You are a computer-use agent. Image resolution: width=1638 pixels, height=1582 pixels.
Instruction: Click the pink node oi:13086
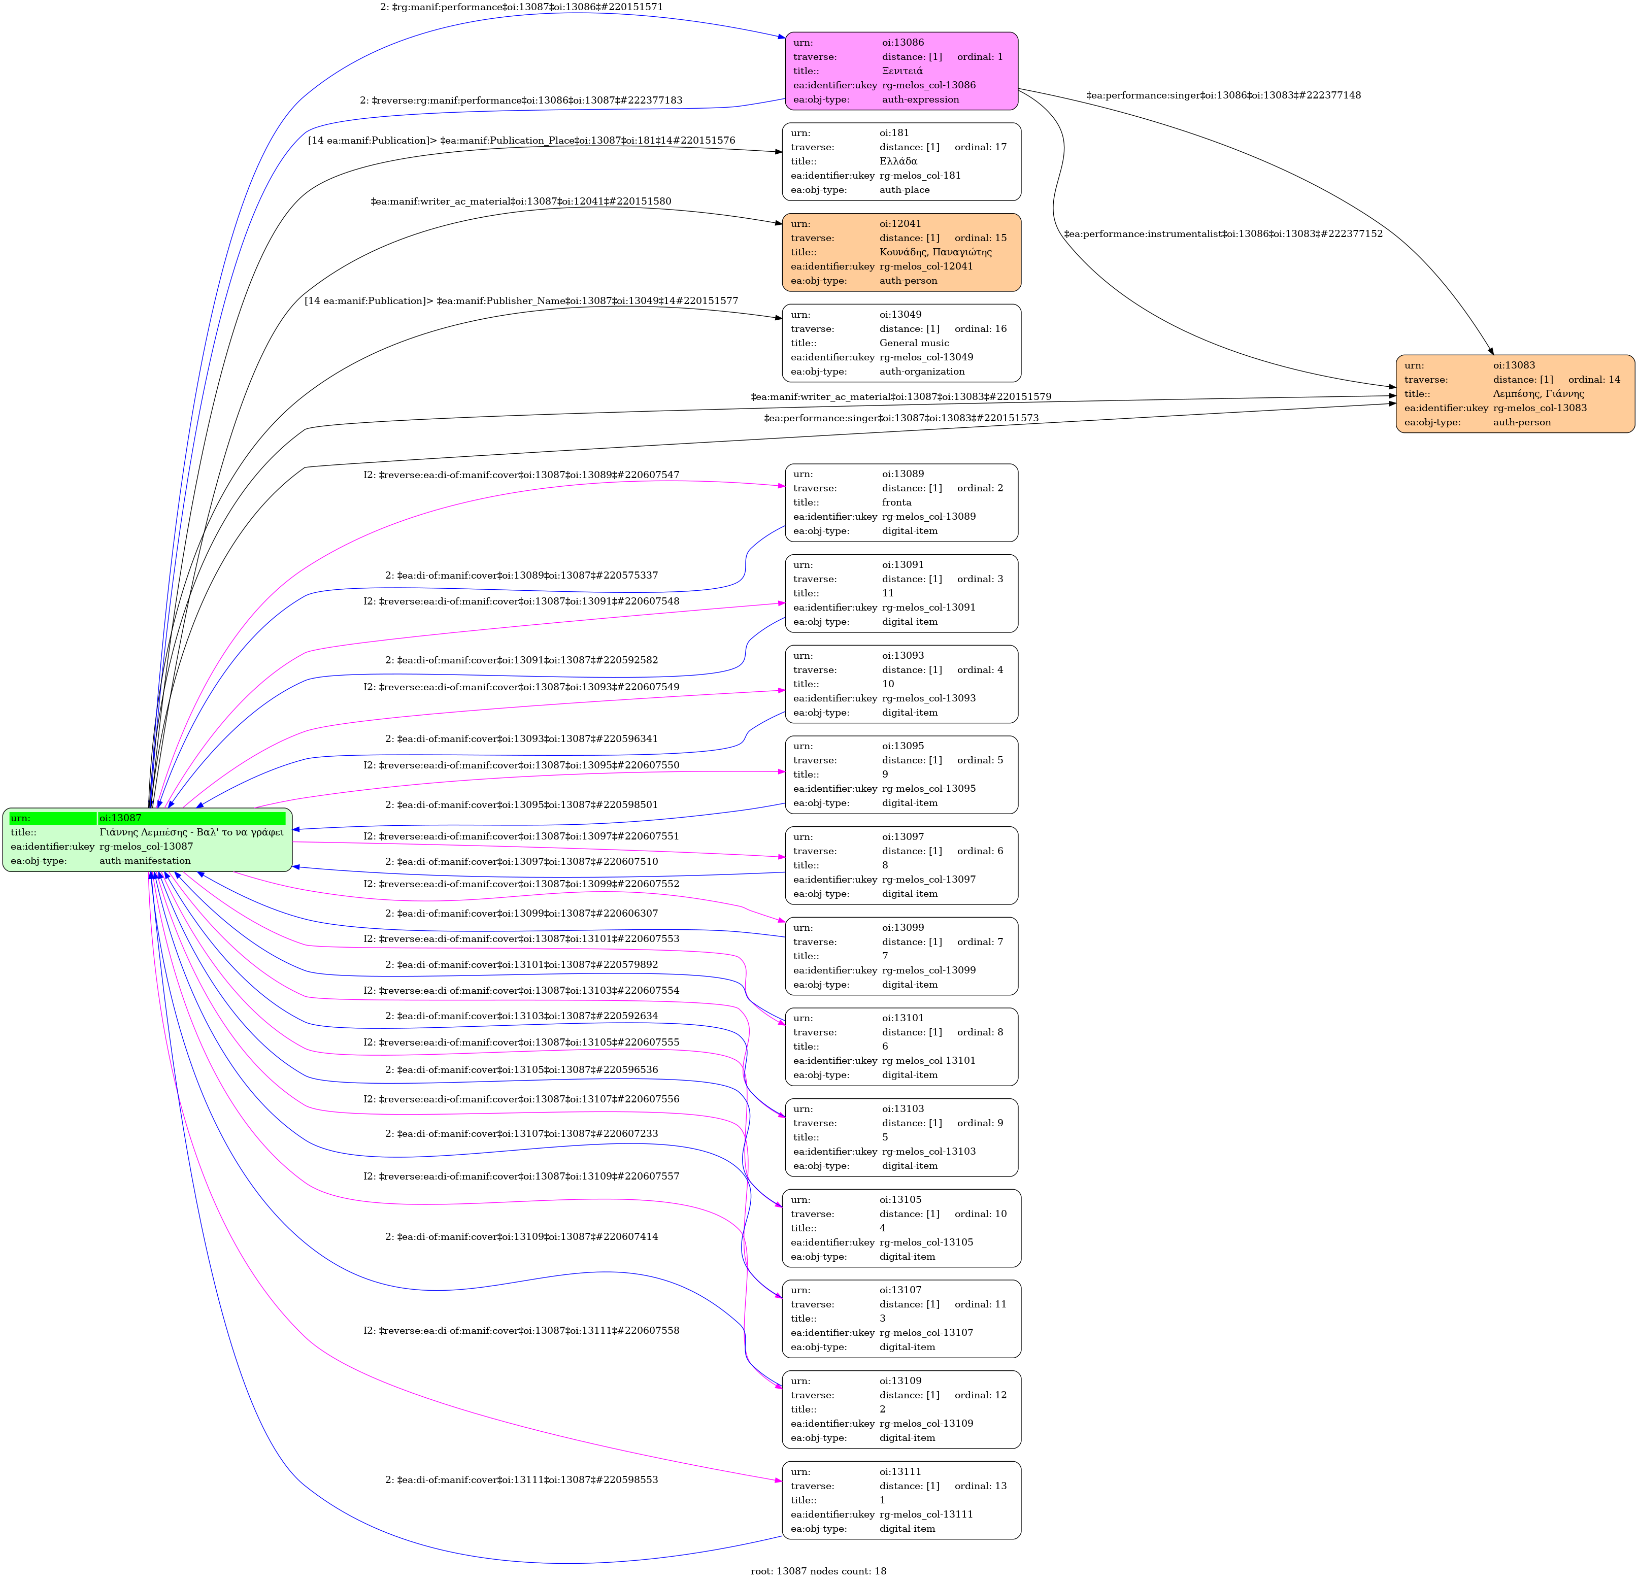(901, 71)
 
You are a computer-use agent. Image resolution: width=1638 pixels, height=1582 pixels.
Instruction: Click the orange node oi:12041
(901, 252)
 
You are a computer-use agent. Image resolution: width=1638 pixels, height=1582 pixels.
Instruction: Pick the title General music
(914, 343)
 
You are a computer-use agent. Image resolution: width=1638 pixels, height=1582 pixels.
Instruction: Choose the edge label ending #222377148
(1223, 95)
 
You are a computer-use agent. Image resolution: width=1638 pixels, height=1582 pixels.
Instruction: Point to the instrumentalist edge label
(1223, 234)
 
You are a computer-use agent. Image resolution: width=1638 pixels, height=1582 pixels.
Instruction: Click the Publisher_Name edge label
(521, 301)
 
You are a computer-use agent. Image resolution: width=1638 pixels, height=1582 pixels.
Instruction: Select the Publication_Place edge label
(521, 141)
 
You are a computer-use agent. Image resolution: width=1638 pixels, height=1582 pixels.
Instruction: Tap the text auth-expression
(920, 99)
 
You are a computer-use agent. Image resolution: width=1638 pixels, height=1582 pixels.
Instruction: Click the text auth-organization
(922, 371)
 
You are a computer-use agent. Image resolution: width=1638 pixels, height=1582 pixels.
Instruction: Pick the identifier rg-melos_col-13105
(926, 1242)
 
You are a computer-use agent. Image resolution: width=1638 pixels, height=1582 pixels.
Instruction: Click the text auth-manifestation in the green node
(145, 861)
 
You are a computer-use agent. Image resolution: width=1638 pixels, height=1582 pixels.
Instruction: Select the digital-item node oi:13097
(901, 865)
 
